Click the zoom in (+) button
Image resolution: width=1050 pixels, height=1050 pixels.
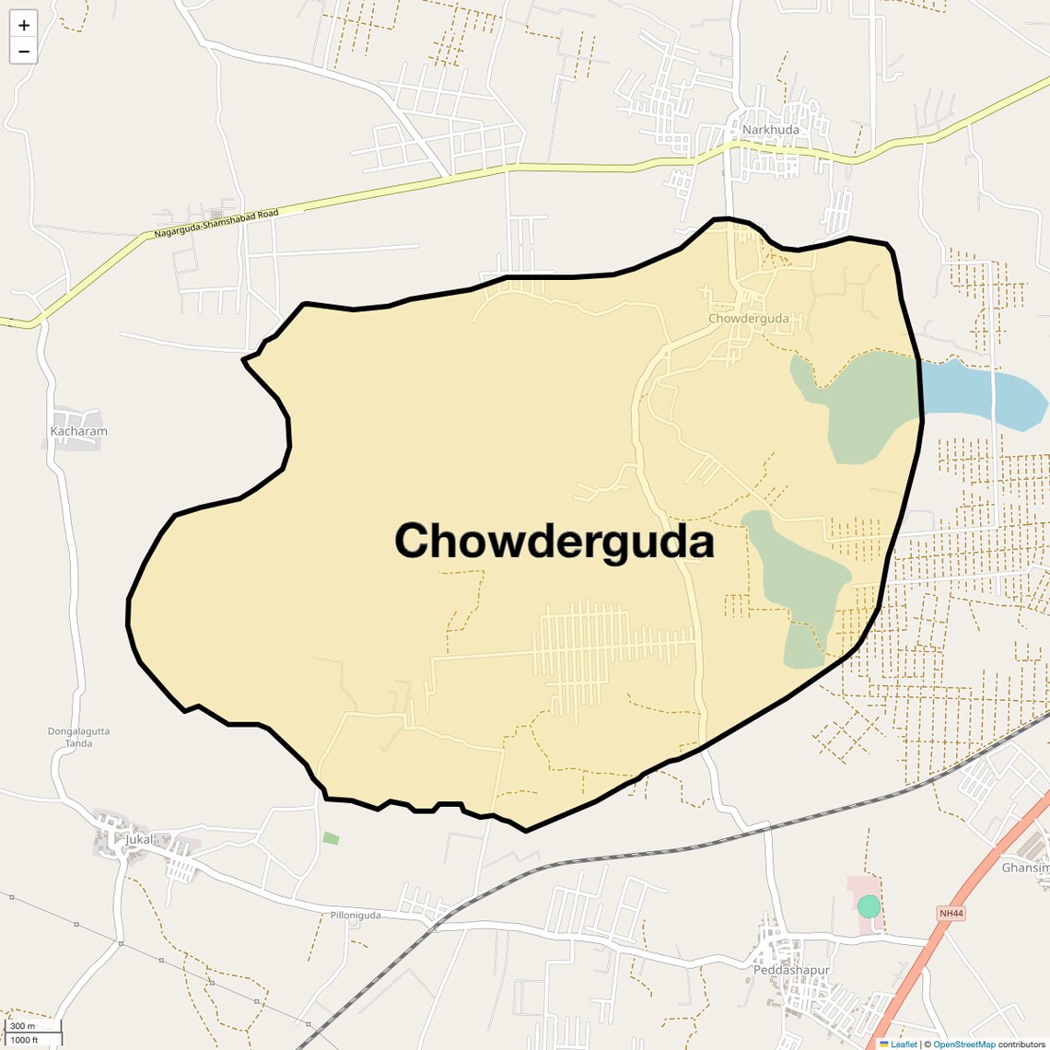(x=24, y=25)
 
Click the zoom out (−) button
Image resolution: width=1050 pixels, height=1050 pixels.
(x=24, y=52)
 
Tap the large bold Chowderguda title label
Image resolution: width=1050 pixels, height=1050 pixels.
(x=554, y=542)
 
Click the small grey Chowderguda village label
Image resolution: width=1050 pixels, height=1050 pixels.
(x=748, y=319)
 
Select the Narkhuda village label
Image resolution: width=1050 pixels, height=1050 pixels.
(x=771, y=130)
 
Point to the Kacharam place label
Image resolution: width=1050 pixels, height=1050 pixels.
(x=78, y=431)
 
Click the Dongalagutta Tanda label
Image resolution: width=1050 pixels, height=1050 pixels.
(x=78, y=738)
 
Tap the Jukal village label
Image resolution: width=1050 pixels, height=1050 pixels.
(x=138, y=839)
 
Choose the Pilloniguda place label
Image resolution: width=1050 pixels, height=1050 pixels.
(x=356, y=916)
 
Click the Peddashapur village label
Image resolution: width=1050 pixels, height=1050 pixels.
(x=791, y=970)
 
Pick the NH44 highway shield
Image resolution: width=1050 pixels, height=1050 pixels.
(x=951, y=913)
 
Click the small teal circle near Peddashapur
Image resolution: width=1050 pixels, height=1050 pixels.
(x=869, y=906)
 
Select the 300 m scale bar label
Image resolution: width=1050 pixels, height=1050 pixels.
(x=23, y=1026)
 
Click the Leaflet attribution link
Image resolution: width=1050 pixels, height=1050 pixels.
(x=903, y=1044)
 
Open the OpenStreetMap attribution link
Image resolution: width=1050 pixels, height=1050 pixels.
(x=963, y=1044)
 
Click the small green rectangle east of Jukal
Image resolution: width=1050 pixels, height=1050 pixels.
(x=331, y=838)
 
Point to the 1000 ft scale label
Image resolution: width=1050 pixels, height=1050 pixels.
(x=25, y=1040)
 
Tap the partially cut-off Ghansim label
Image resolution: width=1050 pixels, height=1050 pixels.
(x=1025, y=868)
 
